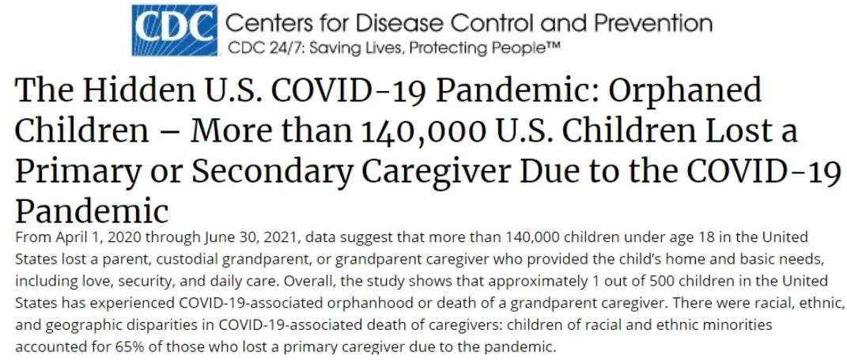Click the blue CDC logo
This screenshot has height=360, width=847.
click(x=174, y=31)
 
